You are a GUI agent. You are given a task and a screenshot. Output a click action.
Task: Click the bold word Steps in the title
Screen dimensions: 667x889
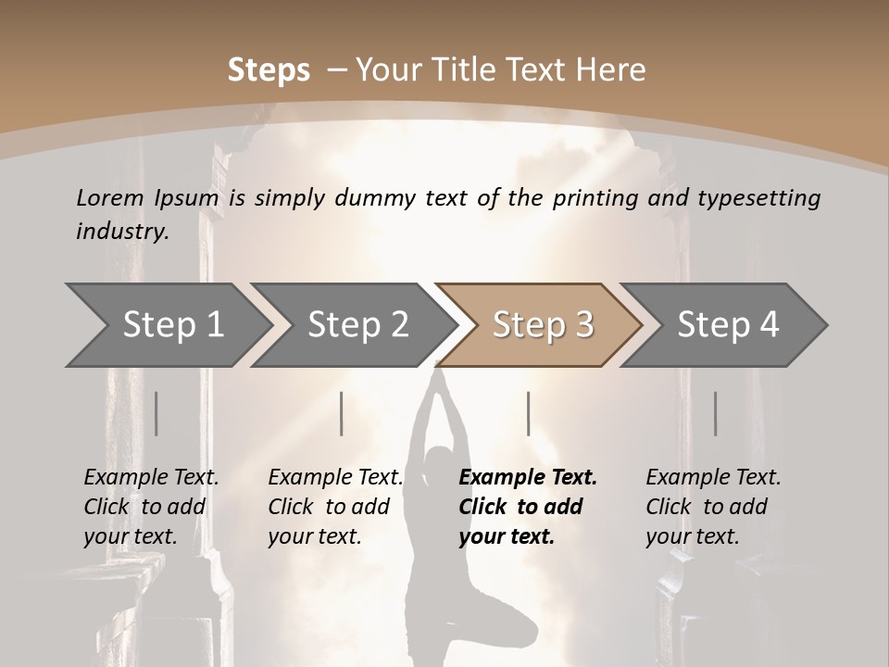click(x=269, y=70)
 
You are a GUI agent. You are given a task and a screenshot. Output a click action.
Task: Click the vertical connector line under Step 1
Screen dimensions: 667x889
click(x=156, y=413)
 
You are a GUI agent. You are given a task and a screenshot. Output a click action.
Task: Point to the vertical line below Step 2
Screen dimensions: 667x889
click(x=342, y=413)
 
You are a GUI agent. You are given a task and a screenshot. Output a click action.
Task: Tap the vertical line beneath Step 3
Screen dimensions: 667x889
click(x=528, y=413)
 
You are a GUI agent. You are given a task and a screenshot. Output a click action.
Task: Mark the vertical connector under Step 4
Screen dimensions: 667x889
click(x=715, y=413)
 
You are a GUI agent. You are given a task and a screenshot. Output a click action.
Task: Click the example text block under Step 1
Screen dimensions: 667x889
click(x=151, y=507)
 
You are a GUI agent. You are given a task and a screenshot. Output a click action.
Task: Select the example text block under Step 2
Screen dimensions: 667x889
click(x=335, y=507)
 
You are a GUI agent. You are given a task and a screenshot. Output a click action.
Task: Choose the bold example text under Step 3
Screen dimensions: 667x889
click(x=527, y=507)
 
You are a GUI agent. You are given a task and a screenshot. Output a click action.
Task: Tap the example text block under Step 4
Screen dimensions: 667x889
click(x=713, y=507)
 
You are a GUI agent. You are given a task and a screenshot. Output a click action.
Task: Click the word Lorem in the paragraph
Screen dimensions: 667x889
click(x=110, y=198)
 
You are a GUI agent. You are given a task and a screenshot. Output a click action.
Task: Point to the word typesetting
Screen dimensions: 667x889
click(x=764, y=198)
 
